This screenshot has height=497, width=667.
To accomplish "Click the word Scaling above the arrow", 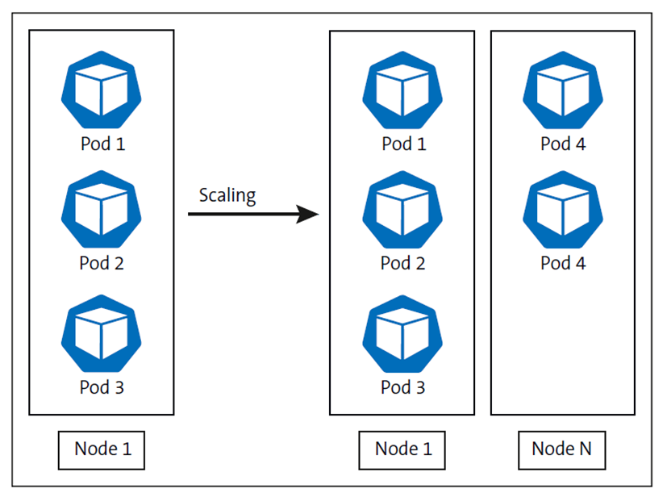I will coord(227,195).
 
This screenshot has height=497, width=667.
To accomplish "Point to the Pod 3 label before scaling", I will coord(102,387).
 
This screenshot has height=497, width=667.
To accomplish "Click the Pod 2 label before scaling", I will coord(102,263).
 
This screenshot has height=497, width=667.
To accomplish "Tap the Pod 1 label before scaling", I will coord(102,145).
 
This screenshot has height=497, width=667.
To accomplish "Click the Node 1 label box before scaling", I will coord(102,449).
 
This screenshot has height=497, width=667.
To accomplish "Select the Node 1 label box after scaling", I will coord(402,449).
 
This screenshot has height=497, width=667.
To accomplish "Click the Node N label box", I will coord(562,449).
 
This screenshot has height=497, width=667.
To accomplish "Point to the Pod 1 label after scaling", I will coord(402,145).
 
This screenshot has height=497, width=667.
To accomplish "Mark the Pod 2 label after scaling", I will coord(402,263).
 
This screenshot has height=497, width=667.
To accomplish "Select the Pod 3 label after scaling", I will coord(402,387).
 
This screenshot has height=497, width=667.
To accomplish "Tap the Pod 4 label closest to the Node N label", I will coord(562,263).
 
